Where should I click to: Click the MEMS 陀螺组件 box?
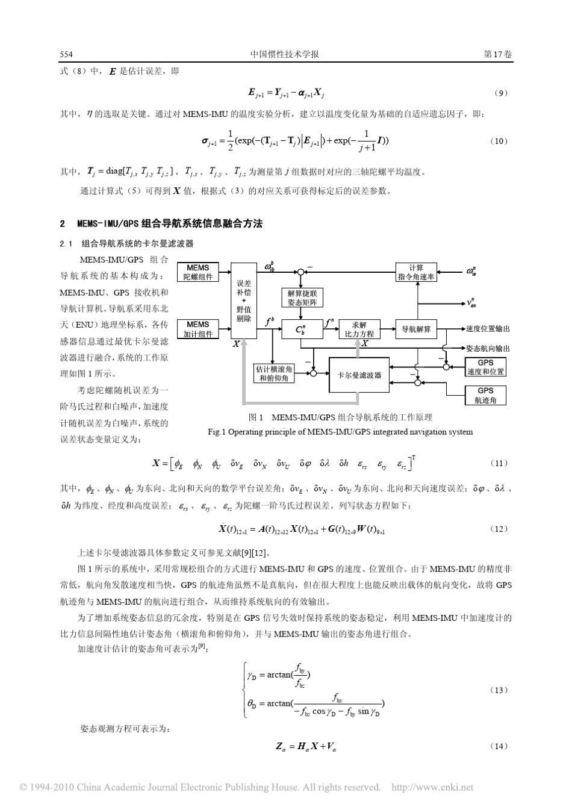[197, 272]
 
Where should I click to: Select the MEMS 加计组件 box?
[197, 329]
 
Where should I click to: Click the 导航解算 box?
[416, 329]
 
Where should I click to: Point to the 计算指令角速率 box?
[416, 272]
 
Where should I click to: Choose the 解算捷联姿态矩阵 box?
[302, 298]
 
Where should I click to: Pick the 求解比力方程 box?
[359, 329]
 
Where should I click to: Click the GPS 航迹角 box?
[485, 395]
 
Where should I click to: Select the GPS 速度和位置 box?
[485, 367]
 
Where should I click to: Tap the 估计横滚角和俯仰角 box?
[274, 373]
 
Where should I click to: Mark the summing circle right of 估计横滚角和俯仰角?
[312, 373]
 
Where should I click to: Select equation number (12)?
[499, 529]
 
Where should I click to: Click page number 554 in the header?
[66, 54]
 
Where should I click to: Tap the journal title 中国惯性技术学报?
[284, 54]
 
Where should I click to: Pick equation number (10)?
[499, 142]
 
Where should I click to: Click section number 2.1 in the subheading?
[66, 244]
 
